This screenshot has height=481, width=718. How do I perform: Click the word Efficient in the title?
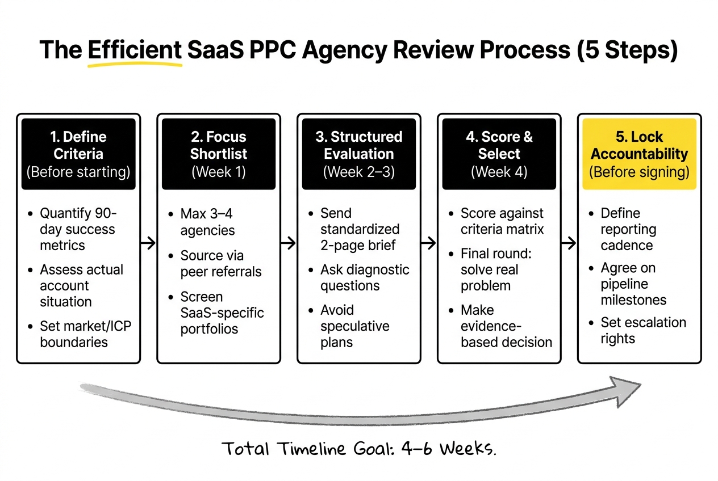click(135, 50)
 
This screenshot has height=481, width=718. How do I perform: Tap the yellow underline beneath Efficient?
click(135, 64)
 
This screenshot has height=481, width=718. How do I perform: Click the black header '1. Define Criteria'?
click(78, 154)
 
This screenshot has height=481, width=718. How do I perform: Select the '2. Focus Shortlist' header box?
click(219, 154)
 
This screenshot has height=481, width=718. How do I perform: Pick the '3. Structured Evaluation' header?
click(359, 154)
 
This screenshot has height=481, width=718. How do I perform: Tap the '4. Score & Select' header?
click(499, 154)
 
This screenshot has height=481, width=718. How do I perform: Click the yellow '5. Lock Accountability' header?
click(639, 154)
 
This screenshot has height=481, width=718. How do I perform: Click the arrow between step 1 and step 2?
click(148, 243)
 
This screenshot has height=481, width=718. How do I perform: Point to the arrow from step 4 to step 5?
click(569, 243)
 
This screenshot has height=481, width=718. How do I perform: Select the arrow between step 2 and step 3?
click(289, 243)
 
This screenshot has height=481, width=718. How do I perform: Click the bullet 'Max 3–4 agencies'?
click(207, 222)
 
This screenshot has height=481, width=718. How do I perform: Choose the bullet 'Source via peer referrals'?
click(220, 264)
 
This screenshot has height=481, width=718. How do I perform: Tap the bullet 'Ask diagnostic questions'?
click(364, 277)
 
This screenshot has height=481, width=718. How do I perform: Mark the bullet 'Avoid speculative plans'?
click(354, 326)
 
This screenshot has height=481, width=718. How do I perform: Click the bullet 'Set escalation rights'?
click(643, 330)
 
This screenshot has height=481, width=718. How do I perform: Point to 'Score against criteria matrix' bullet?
click(502, 221)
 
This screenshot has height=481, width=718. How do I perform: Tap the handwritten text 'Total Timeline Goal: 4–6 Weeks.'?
click(359, 449)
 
